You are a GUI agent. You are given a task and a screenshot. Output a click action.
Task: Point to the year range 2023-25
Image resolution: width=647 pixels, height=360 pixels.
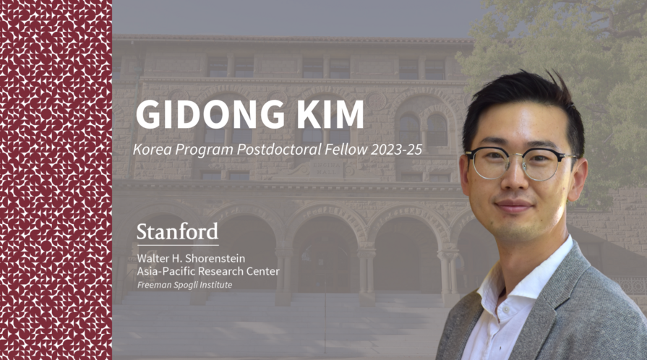point(396,150)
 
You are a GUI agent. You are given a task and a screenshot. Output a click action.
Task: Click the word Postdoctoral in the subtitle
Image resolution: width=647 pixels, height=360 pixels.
point(279,150)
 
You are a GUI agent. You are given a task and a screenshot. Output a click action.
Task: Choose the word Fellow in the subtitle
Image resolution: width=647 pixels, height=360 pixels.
point(346,150)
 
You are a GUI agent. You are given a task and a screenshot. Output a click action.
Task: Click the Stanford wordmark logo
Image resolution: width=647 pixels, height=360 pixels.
point(177,231)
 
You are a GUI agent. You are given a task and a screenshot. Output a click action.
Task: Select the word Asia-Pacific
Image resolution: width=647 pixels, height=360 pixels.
point(167,271)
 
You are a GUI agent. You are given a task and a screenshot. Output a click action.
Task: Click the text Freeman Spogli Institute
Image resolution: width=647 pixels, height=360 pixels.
point(184,285)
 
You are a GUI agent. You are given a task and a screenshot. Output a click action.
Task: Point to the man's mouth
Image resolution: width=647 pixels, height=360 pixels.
point(514,205)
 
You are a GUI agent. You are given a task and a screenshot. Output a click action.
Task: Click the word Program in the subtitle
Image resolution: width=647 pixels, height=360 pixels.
point(205,150)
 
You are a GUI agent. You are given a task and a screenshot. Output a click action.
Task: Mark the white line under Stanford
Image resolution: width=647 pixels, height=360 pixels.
point(177,246)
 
